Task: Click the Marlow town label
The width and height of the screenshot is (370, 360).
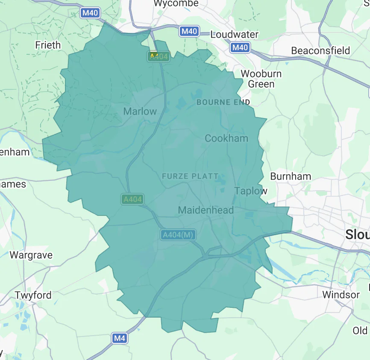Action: [x=140, y=112]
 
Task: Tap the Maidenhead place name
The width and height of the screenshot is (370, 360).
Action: [x=206, y=210]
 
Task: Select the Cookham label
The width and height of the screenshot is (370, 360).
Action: [x=226, y=138]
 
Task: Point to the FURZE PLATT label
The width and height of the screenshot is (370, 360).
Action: [x=190, y=176]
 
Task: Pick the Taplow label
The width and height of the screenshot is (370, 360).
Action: [x=251, y=191]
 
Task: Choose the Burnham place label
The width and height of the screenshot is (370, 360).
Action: [x=291, y=176]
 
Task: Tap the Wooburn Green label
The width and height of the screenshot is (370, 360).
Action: [x=261, y=79]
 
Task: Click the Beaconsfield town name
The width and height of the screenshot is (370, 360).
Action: [x=320, y=50]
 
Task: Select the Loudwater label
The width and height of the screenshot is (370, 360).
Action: [x=234, y=35]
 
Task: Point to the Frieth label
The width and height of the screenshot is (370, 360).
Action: [x=48, y=45]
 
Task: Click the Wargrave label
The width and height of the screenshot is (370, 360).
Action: [x=31, y=255]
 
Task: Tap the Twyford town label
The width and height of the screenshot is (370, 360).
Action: [x=33, y=295]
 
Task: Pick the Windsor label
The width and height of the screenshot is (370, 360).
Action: [x=341, y=295]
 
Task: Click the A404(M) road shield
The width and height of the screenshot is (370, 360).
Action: [x=178, y=235]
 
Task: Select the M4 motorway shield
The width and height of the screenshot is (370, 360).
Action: [x=120, y=338]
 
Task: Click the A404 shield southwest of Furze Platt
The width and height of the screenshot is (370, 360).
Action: [x=132, y=199]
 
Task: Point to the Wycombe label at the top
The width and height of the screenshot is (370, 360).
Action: [x=176, y=3]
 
